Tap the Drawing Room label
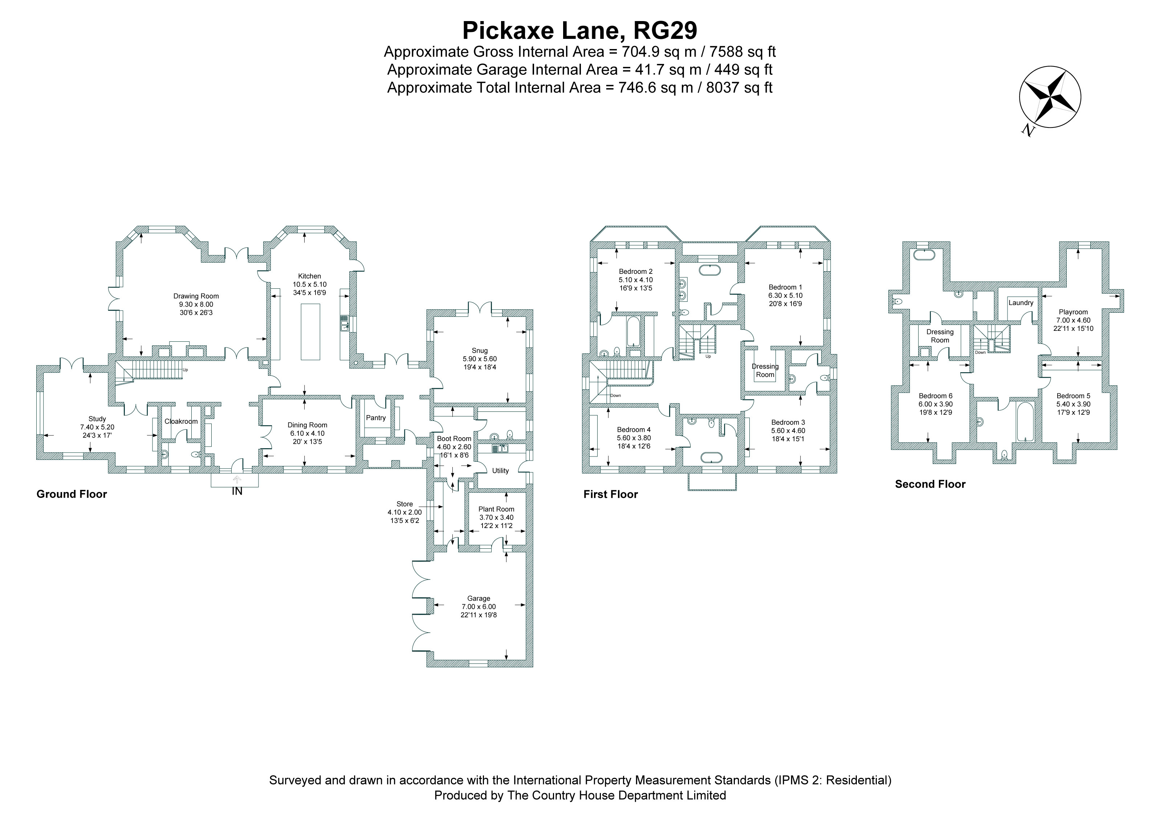(196, 296)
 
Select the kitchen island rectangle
(310, 332)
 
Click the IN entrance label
(237, 491)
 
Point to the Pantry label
(376, 418)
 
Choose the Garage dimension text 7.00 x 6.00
(479, 607)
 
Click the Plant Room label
(496, 509)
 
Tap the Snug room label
(480, 351)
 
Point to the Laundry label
(1021, 303)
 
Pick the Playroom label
(1073, 312)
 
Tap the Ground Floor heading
(72, 494)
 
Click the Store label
(405, 504)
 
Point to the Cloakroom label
(181, 421)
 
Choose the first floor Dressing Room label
(765, 370)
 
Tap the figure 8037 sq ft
(739, 88)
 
